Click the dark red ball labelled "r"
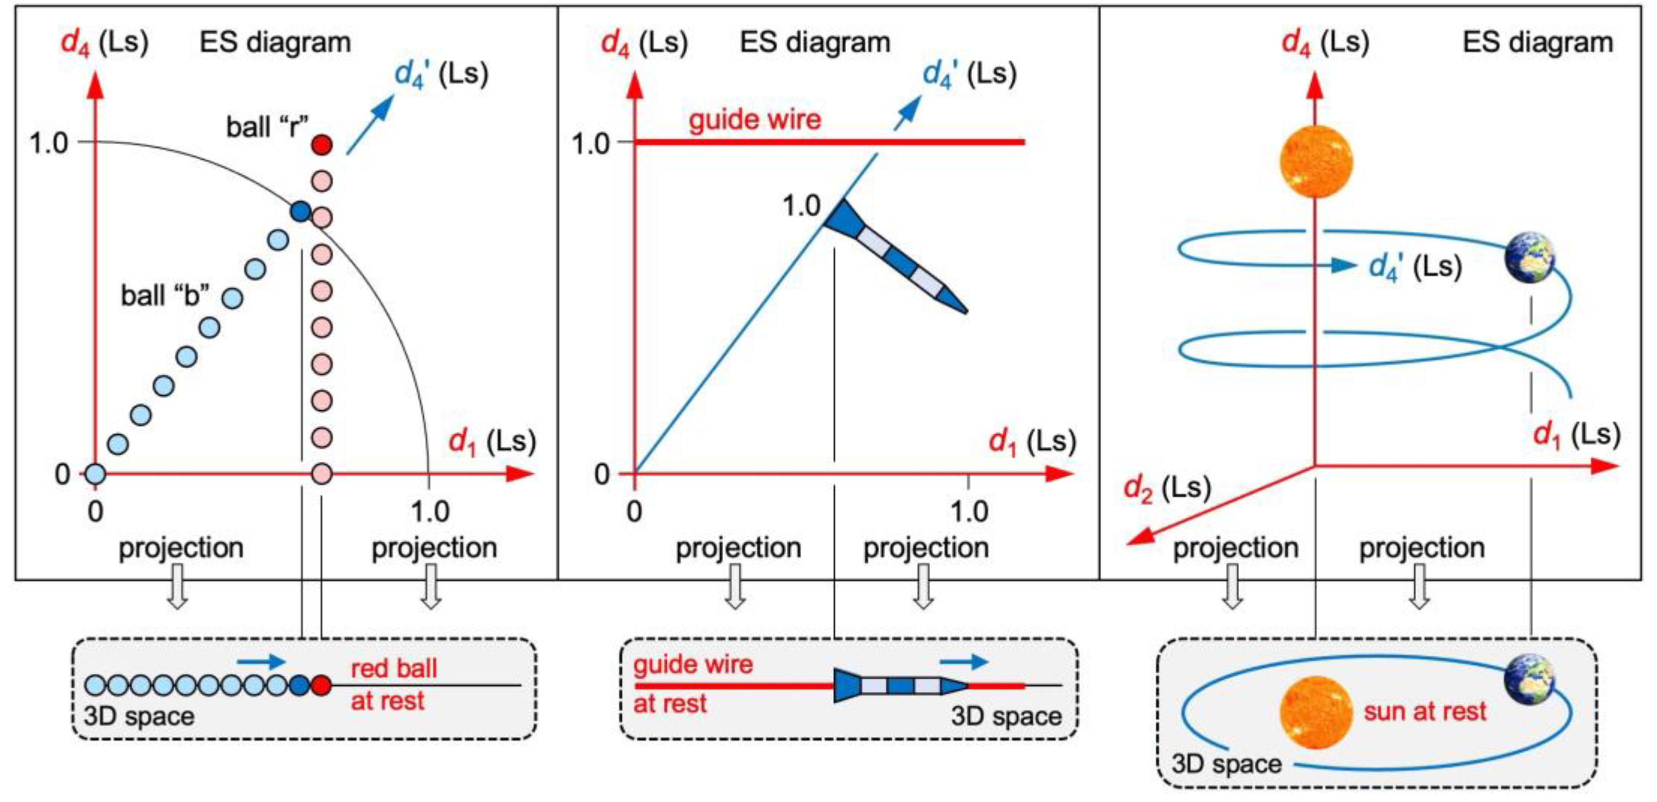[321, 144]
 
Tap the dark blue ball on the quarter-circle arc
[300, 211]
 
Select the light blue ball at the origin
[95, 474]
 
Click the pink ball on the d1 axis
[321, 474]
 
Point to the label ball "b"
[165, 296]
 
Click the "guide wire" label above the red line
[755, 120]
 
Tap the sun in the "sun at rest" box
[1316, 712]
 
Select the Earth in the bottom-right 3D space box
[1530, 678]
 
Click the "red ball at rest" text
[392, 684]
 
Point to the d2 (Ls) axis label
[1167, 488]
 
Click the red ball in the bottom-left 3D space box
[321, 685]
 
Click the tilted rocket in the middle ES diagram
[894, 256]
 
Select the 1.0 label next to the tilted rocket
[801, 206]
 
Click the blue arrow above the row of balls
[260, 661]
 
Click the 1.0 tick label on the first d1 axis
[430, 512]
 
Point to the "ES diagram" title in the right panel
[1538, 43]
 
